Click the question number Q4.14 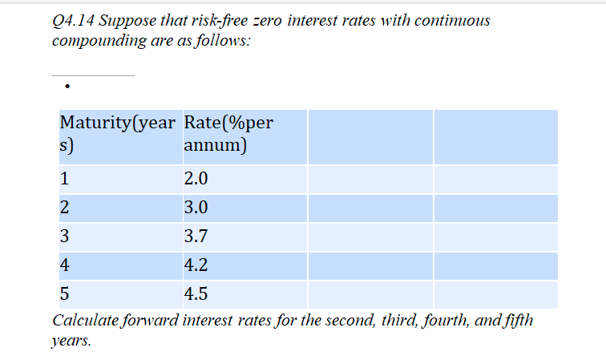(73, 21)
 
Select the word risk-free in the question (220, 20)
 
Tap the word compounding (99, 41)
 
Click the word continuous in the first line (452, 20)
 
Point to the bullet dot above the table (67, 87)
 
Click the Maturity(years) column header (118, 133)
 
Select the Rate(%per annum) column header (228, 133)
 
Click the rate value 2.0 (196, 179)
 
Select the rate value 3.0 (196, 208)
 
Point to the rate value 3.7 (196, 236)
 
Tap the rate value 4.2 (196, 265)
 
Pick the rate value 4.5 (196, 293)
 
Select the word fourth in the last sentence (446, 321)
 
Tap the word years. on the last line (71, 341)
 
